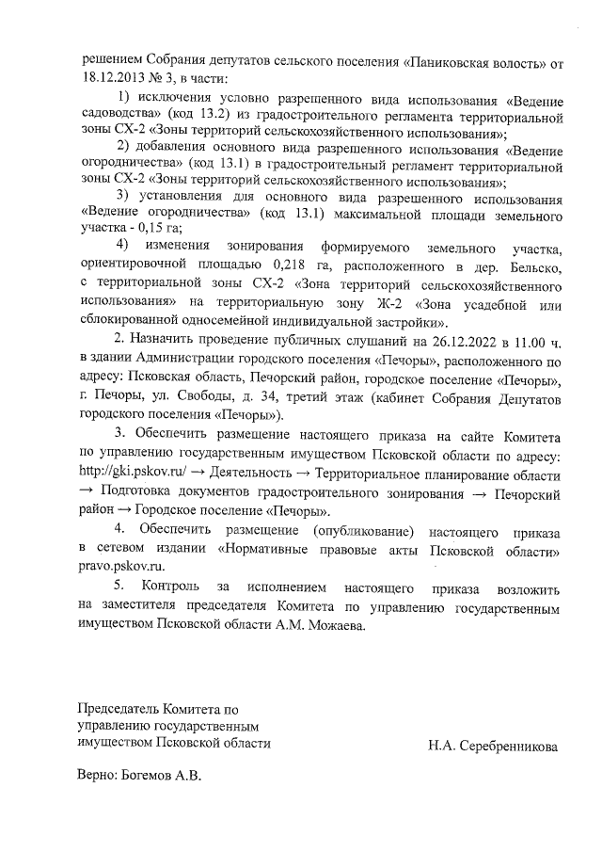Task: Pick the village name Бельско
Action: coord(536,265)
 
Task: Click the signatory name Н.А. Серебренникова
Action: coord(490,746)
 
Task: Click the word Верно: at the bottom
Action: coord(98,778)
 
